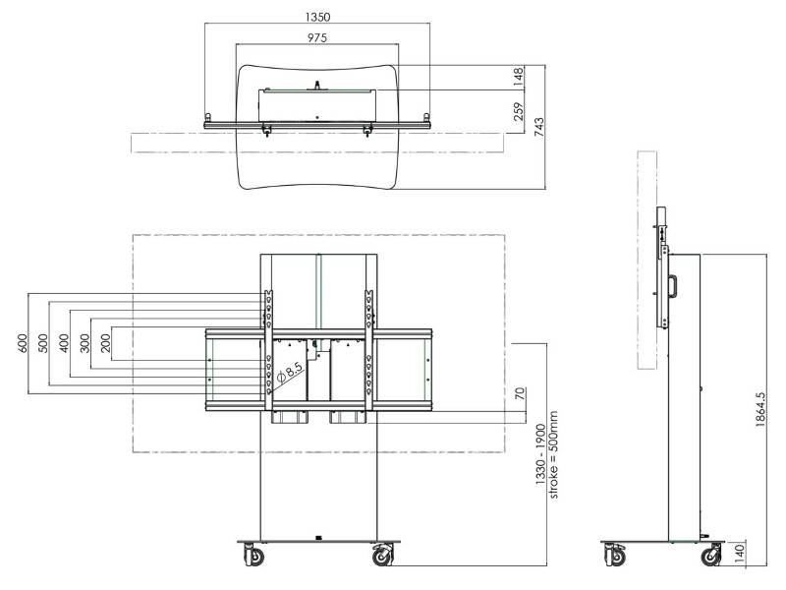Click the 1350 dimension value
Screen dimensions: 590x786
click(x=316, y=17)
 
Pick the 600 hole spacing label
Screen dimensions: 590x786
click(x=19, y=344)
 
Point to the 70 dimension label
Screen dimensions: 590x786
click(x=519, y=396)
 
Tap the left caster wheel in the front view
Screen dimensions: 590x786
click(x=253, y=557)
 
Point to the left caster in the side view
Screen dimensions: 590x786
click(x=615, y=557)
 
